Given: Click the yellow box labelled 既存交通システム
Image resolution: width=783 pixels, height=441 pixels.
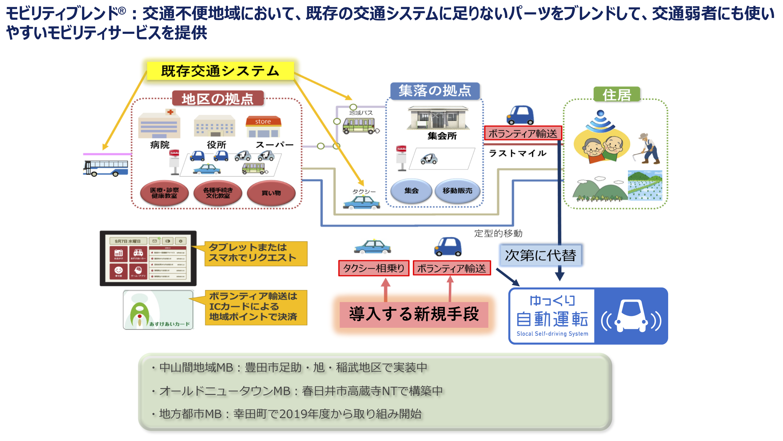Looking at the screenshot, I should (x=220, y=71).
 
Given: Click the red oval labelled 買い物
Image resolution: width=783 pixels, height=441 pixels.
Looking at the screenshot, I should (x=271, y=193).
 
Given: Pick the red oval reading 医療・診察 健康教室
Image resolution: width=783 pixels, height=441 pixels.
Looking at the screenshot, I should (x=164, y=193).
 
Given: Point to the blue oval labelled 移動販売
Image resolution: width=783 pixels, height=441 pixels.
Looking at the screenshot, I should (x=457, y=191).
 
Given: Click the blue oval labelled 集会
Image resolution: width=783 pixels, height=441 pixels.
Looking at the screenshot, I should (x=411, y=191).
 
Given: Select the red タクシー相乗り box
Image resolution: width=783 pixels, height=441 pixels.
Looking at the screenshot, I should (x=374, y=268).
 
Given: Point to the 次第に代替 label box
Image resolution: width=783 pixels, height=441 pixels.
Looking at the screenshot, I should (x=540, y=255).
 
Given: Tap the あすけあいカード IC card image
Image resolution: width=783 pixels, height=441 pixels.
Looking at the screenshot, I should (x=158, y=310).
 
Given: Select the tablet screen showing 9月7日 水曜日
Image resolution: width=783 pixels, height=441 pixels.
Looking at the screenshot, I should (x=148, y=258).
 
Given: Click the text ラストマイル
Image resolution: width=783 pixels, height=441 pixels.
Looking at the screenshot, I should (x=517, y=153).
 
